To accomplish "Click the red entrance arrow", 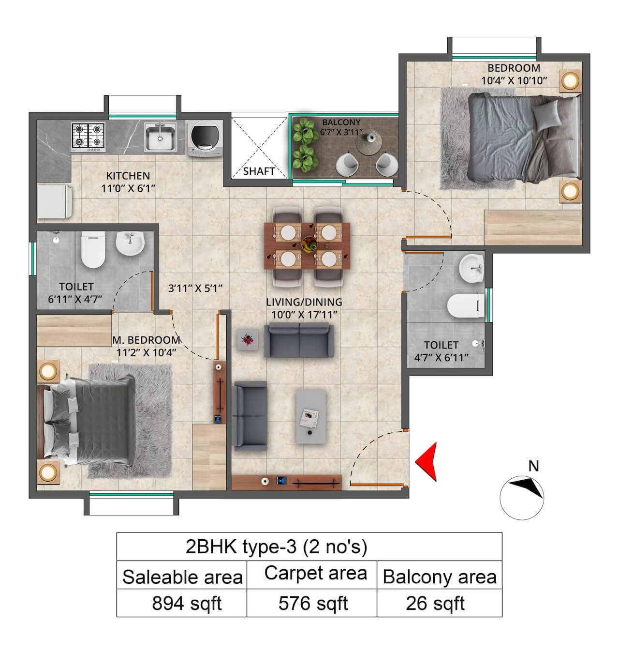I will pos(427,461).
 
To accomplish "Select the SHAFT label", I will pos(259,171).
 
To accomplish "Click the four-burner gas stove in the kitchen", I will pos(88,136).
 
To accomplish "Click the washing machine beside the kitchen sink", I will pos(204,138).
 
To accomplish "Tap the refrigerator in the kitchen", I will pos(54,201).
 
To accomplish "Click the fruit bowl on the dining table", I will pos(308,243).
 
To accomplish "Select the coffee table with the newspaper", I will pos(311,416).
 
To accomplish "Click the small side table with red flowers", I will pos(249,340).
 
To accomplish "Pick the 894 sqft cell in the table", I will pos(186,604).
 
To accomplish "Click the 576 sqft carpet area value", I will pos(313,604).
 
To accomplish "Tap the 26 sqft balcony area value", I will pos(435,604).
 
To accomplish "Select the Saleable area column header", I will pos(182,577).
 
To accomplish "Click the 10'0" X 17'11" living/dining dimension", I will pos(304,315).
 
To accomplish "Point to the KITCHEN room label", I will pos(128,176).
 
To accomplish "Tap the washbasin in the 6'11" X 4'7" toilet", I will pos(130,243).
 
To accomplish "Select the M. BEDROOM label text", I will pos(146,340).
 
